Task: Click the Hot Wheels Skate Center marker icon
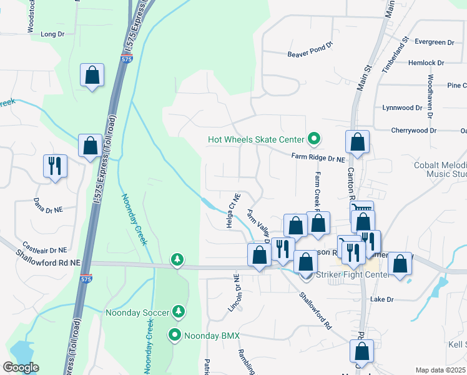pos(315,139)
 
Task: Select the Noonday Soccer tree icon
pos(179,311)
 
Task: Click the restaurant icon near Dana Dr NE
pos(54,166)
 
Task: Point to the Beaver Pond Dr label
pos(310,54)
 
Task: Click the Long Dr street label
pos(52,34)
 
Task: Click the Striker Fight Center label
pos(349,274)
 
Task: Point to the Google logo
pos(21,367)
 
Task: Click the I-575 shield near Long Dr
pos(127,59)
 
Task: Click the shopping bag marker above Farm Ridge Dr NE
pos(358,142)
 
